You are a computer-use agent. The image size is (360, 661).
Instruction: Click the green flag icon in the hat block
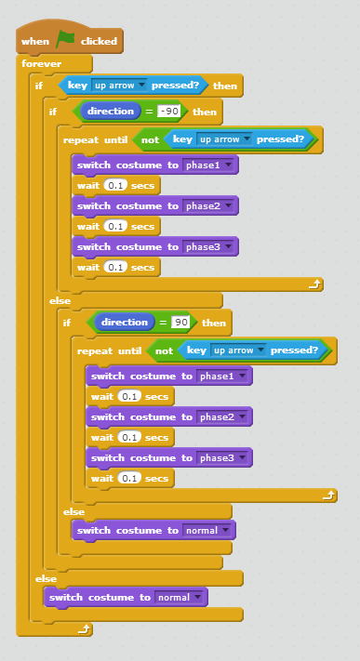(x=65, y=40)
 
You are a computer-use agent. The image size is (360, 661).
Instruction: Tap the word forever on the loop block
(x=41, y=64)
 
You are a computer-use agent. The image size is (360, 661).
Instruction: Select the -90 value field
(x=168, y=112)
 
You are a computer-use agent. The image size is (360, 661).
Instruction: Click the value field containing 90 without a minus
(x=181, y=323)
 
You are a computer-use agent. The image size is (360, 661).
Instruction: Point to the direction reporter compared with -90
(x=111, y=112)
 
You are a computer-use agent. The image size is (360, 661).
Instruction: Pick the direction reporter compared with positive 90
(x=124, y=323)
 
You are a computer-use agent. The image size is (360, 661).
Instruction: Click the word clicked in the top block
(x=99, y=41)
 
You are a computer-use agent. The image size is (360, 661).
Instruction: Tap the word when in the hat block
(x=35, y=41)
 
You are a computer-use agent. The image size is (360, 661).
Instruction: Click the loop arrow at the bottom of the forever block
(x=84, y=629)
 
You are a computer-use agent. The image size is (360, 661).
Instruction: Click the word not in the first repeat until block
(x=150, y=139)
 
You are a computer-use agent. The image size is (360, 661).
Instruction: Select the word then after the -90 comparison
(x=205, y=112)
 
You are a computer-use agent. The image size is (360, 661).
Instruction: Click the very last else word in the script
(x=46, y=578)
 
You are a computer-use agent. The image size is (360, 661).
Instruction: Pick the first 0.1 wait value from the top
(x=115, y=186)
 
